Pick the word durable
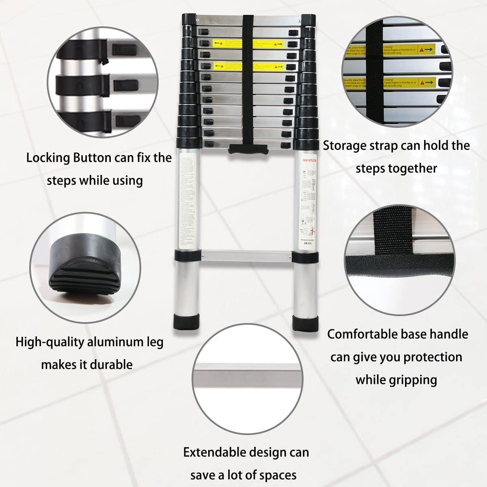click(x=110, y=364)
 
